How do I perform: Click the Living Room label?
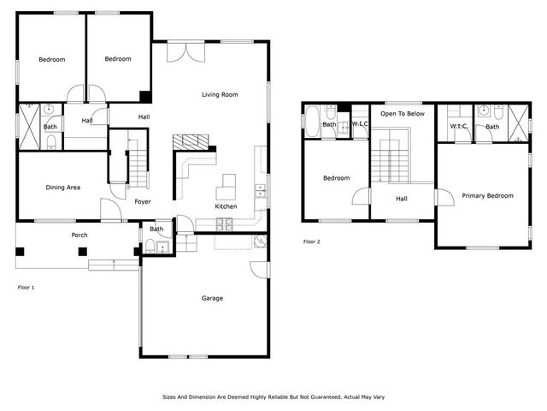220,94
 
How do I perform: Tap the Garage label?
212,298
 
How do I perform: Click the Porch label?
79,235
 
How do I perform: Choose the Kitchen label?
226,206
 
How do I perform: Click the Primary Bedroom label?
487,196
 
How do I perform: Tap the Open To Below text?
403,113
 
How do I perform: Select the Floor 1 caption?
26,288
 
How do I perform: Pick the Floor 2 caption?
312,241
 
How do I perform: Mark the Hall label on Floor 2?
402,199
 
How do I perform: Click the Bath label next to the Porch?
156,229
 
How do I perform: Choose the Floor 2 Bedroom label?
336,178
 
